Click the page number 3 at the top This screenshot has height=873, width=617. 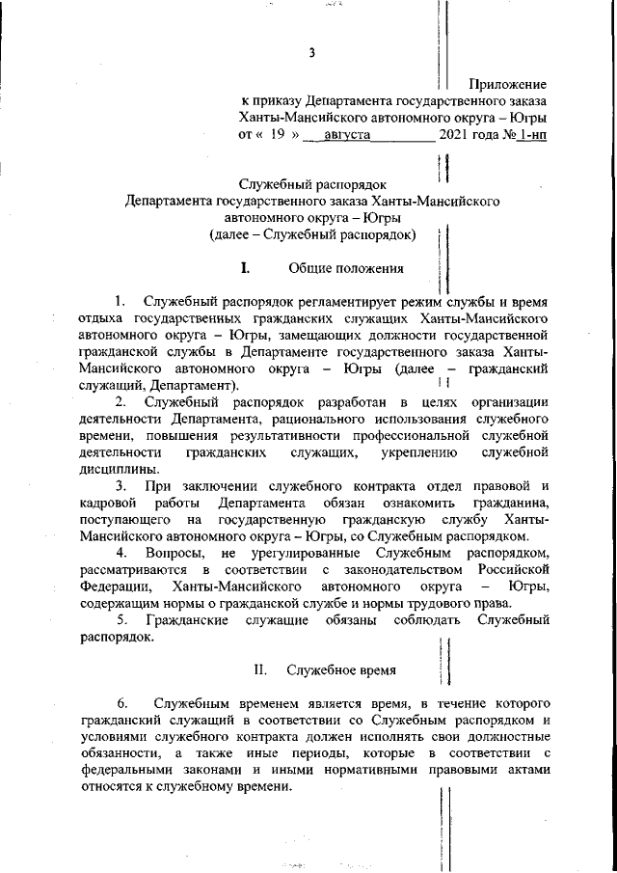click(312, 52)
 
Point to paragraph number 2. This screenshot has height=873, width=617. click(121, 400)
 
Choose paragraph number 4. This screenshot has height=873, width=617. click(121, 552)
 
